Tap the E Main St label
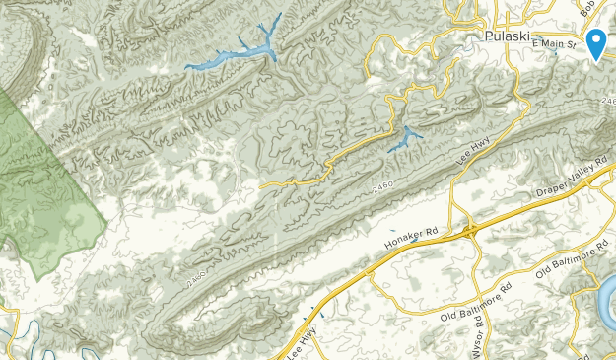[554, 44]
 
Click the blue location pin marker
[596, 43]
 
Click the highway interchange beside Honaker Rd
[471, 231]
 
